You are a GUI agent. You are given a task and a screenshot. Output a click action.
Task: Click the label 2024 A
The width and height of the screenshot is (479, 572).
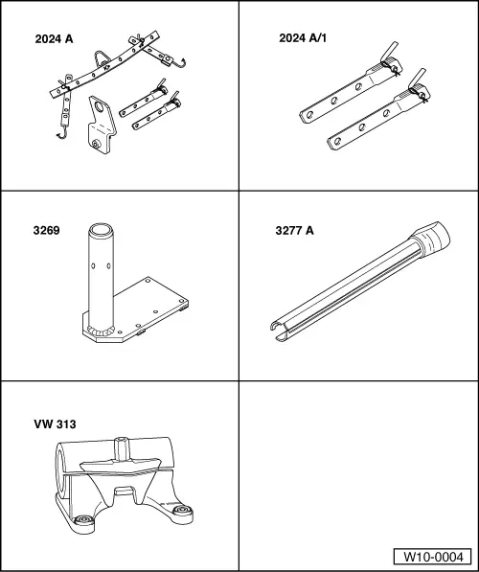coord(54,38)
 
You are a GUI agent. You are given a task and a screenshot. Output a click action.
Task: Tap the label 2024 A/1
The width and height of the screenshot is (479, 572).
coord(303,38)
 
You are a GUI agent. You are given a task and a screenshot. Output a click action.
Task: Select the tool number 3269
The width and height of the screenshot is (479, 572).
coord(46,231)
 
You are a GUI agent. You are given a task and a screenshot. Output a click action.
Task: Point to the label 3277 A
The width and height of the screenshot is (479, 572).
coord(294,231)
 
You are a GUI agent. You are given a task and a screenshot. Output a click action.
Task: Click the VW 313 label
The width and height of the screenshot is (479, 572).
coord(56,424)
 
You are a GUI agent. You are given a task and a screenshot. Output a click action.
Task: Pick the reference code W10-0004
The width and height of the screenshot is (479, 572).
coord(433,557)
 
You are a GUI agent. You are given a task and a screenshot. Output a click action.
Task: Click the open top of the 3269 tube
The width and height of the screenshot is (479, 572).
coord(101,230)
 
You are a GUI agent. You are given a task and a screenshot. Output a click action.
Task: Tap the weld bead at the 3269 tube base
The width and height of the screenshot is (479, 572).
coord(101,332)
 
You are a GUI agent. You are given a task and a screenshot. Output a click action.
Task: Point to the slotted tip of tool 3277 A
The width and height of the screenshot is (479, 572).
coord(280,331)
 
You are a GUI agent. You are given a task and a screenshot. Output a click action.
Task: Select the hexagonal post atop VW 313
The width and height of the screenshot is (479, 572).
coord(121,448)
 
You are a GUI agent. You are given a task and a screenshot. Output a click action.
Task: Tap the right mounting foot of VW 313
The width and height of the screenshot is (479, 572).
coord(181,510)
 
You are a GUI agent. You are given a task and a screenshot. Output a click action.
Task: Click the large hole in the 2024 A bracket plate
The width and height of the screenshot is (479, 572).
coord(99,107)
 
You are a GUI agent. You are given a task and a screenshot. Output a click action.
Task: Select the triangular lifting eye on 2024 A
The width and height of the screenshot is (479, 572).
coord(101,58)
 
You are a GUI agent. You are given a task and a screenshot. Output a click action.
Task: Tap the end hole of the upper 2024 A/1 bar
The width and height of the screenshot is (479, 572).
coord(309,115)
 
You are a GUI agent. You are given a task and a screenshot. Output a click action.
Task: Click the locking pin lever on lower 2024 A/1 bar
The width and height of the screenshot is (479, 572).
coord(418,78)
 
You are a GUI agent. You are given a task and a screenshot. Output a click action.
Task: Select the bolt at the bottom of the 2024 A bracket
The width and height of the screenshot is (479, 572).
coord(96,145)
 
